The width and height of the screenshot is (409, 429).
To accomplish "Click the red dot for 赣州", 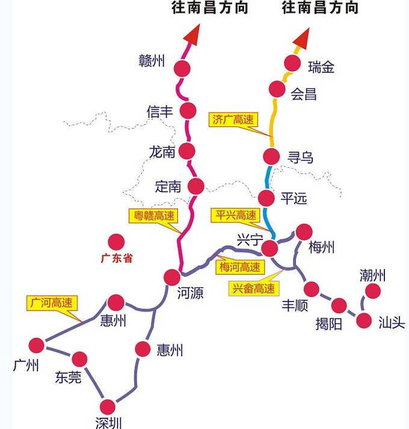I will pos(182,67).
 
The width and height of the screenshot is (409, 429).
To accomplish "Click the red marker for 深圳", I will pos(108,407).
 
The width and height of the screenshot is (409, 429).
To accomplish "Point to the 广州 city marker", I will pos(37,345).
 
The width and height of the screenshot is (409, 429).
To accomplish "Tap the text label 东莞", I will pos(67,377).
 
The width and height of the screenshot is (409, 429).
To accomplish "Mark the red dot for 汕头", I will pos(364,320).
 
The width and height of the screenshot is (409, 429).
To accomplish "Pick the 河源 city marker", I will pos(172,277).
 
